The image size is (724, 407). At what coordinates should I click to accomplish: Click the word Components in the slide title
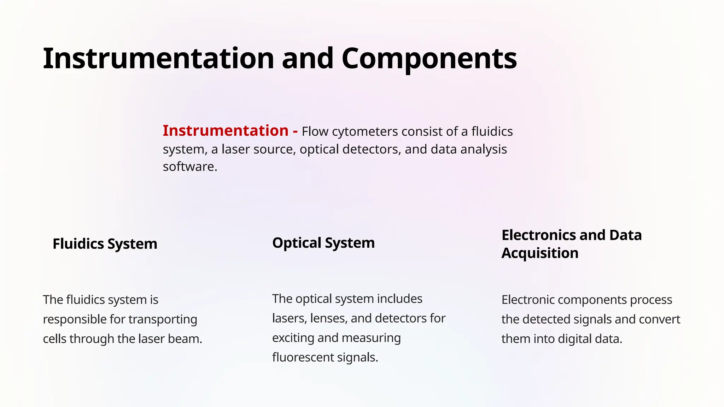[x=429, y=59]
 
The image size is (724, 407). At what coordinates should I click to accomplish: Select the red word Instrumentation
[x=226, y=131]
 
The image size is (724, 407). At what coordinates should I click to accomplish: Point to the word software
[x=189, y=167]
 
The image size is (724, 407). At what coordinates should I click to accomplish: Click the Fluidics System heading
[x=105, y=244]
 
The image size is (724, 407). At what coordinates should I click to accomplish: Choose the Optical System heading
[x=323, y=243]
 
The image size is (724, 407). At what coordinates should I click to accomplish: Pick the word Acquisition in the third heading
[x=540, y=253]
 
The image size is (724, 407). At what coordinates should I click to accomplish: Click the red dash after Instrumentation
[x=295, y=131]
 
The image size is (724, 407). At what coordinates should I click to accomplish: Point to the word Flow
[x=315, y=131]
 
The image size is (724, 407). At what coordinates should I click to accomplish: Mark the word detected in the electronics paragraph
[x=546, y=319]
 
